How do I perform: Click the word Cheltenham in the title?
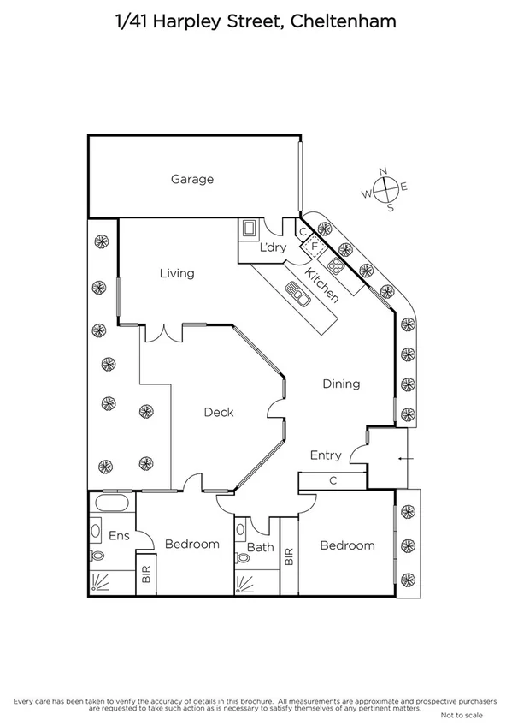[x=344, y=21]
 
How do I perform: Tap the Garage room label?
[x=191, y=180]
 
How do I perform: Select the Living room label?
[x=177, y=274]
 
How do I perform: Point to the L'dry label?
[x=273, y=248]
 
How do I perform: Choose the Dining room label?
[x=341, y=384]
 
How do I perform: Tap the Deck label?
[x=218, y=413]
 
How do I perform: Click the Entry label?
[x=326, y=455]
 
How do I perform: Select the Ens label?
[x=119, y=536]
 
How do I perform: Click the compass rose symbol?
[x=386, y=188]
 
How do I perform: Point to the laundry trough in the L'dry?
[x=250, y=229]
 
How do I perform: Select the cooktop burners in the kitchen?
[x=336, y=265]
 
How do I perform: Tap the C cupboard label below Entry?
[x=333, y=480]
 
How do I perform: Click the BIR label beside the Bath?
[x=288, y=558]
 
